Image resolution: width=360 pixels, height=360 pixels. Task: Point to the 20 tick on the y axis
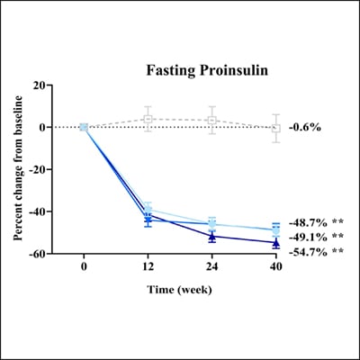tap(40, 85)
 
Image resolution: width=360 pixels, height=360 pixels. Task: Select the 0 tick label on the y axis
tap(42, 128)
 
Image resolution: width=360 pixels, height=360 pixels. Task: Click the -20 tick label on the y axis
tap(37, 170)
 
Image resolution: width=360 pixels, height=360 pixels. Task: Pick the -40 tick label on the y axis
tap(37, 212)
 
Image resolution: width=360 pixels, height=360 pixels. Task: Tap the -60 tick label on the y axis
tap(37, 255)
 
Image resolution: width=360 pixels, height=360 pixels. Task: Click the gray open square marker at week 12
tap(148, 120)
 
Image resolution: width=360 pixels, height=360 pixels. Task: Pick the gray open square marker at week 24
tap(211, 121)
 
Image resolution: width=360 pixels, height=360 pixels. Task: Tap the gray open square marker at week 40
tap(276, 129)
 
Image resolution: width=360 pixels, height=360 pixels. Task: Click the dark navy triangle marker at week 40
tap(276, 242)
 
